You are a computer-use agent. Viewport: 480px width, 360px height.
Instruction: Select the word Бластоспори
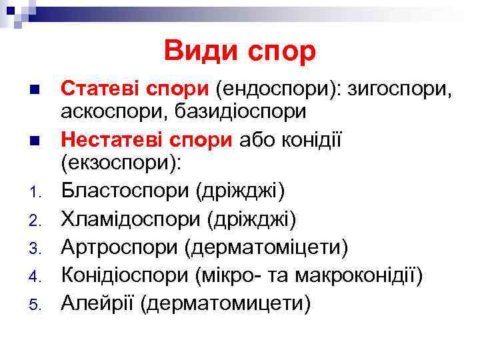(x=125, y=191)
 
